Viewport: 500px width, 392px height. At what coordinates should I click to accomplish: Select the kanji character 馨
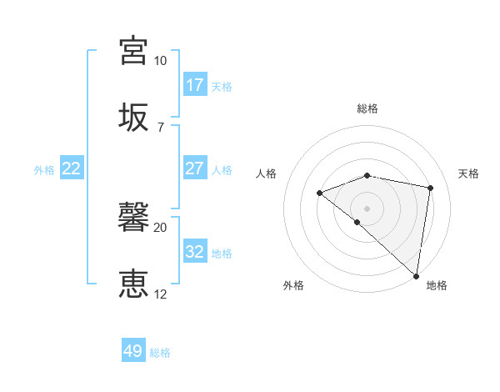(133, 216)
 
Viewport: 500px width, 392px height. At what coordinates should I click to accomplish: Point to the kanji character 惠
(133, 284)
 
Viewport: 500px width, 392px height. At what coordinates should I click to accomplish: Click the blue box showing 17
(195, 84)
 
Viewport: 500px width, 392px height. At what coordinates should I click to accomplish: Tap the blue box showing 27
(195, 168)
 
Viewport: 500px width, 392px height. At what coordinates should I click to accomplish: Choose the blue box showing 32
(195, 251)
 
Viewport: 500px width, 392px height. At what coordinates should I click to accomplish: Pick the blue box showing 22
(72, 168)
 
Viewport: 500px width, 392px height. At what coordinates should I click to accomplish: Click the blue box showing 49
(133, 351)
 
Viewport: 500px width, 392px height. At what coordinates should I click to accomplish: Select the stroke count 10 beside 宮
(160, 61)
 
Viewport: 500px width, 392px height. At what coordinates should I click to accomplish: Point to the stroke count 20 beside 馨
(160, 227)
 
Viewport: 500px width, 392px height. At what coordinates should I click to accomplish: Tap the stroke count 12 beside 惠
(160, 294)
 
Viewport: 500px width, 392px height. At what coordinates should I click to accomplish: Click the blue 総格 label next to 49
(160, 353)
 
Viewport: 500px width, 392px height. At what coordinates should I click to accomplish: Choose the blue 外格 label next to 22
(44, 169)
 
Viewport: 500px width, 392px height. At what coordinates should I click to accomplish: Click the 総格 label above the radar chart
(367, 108)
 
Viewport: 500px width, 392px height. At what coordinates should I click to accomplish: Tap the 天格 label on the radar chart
(468, 173)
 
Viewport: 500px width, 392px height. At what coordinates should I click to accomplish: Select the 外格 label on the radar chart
(293, 285)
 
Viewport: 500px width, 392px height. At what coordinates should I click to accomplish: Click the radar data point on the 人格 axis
(319, 193)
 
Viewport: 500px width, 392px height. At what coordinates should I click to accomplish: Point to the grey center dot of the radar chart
(367, 208)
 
